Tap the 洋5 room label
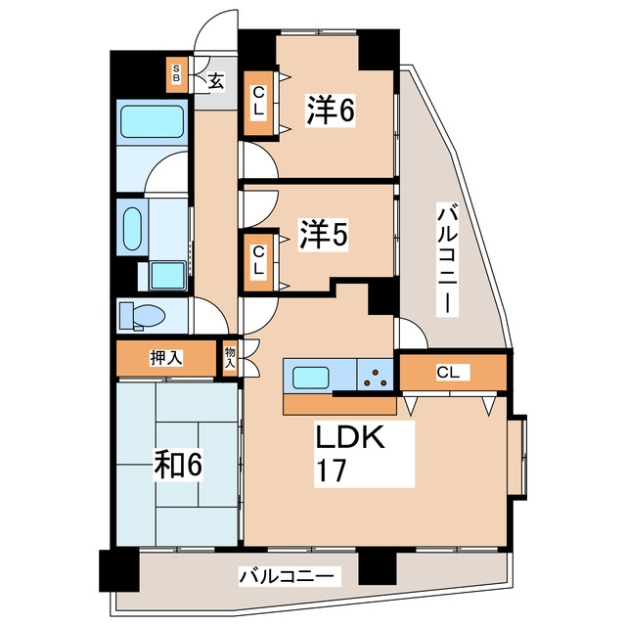click(324, 236)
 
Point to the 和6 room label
click(178, 466)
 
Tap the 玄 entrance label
click(215, 81)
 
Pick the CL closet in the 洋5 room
click(259, 257)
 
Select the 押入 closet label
click(165, 358)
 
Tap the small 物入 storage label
click(230, 357)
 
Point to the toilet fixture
click(142, 316)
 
